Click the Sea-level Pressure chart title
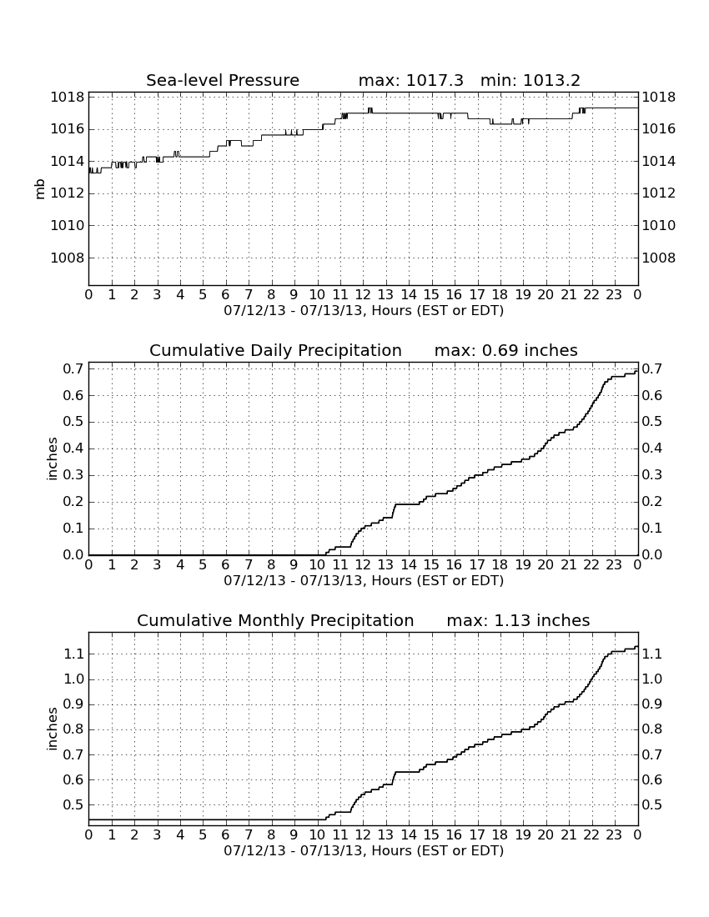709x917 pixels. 223,80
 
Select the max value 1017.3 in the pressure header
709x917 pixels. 435,80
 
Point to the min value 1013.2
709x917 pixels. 551,80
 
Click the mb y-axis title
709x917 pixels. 40,189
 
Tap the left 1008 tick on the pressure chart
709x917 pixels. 68,258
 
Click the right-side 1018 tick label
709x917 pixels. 659,97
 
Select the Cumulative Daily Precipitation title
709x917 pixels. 275,350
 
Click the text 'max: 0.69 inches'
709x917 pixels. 506,350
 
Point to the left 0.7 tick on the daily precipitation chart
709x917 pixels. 73,369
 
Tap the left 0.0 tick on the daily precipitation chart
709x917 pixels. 73,555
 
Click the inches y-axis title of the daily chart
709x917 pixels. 52,459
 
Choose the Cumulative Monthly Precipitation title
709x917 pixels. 275,620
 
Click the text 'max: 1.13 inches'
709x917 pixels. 518,620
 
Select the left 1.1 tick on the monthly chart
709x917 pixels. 73,654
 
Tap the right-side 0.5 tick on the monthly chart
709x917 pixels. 652,805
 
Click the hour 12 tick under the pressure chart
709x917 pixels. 363,295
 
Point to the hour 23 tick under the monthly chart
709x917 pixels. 614,835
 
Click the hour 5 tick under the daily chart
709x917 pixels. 203,565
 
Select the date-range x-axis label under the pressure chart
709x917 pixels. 364,311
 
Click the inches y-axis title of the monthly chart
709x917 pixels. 52,729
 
